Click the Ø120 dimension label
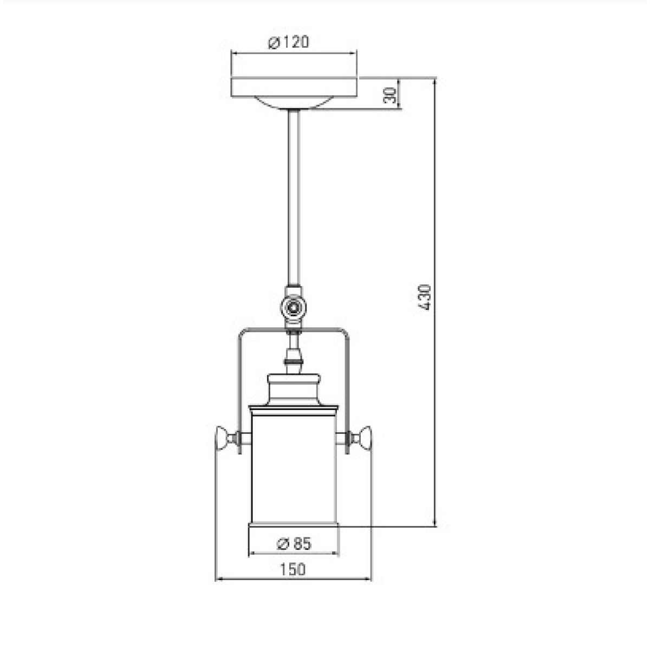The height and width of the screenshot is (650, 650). coord(288,42)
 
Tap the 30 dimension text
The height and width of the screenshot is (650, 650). coord(389,95)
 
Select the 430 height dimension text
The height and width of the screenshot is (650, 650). coord(424,297)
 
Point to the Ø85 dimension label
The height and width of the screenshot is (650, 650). coord(294,544)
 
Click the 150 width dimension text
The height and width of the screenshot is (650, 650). coord(293,569)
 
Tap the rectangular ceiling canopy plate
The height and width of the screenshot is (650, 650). coord(294,87)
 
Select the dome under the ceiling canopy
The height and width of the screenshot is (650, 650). coord(294,102)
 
